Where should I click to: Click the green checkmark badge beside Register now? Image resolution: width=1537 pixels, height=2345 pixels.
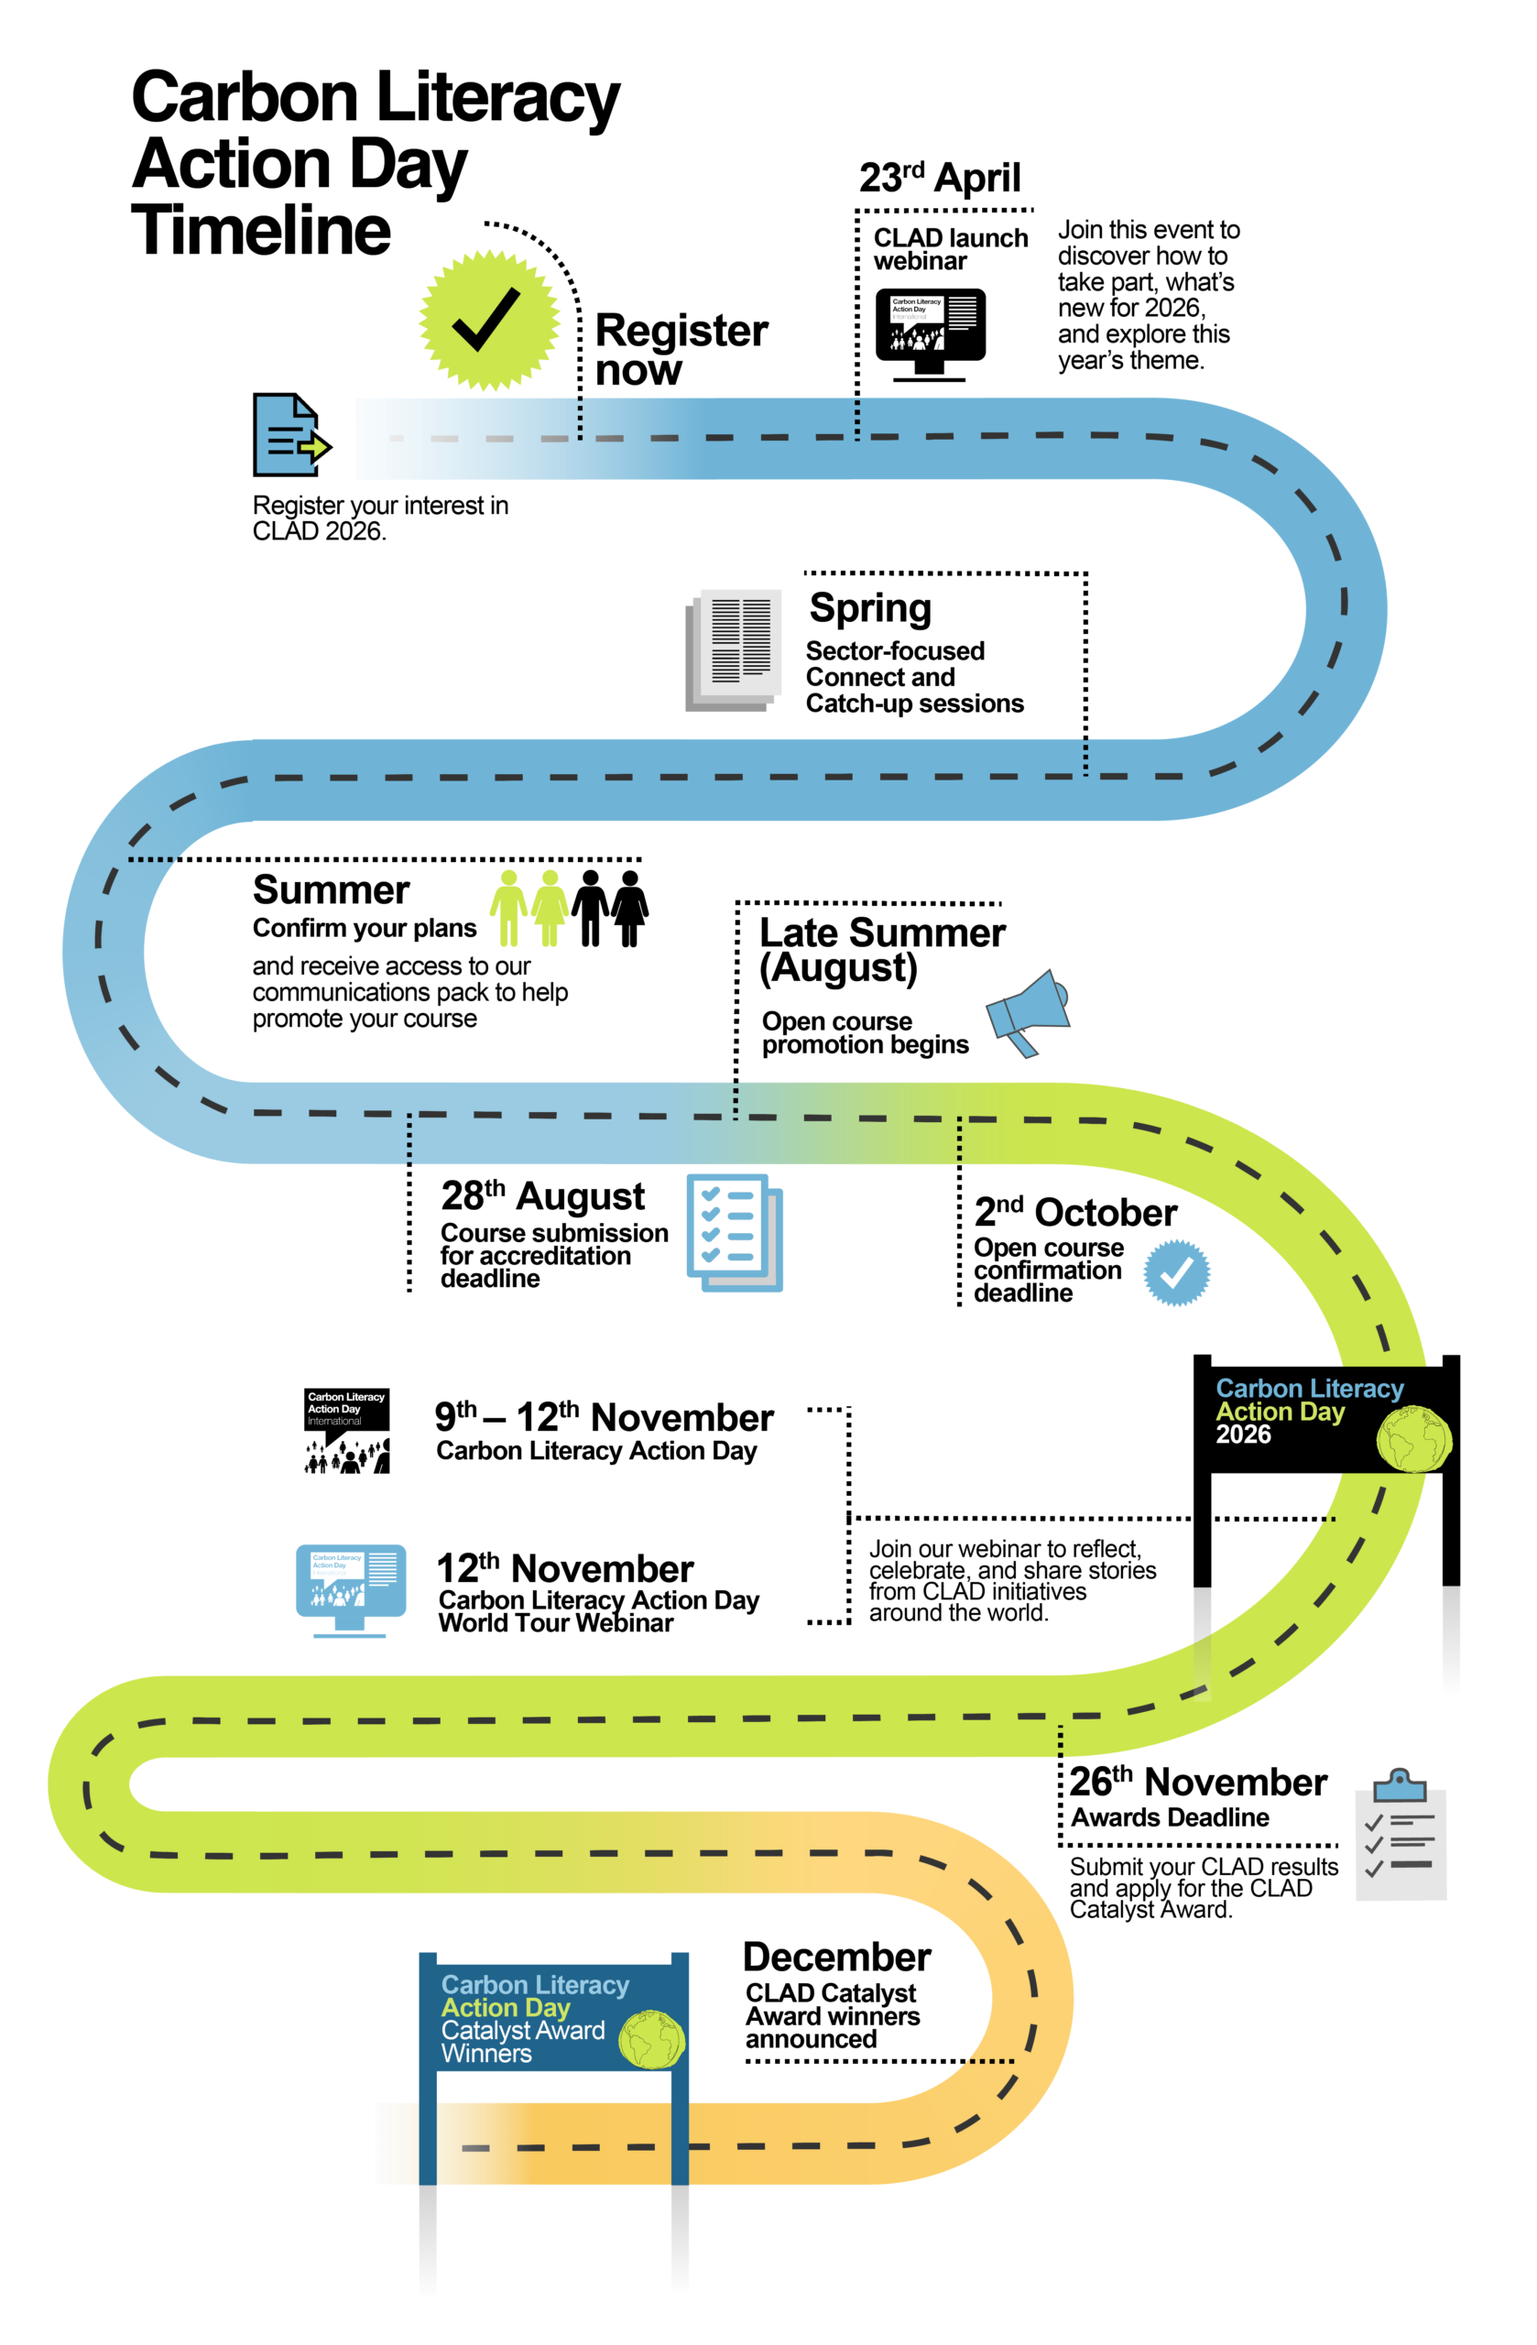point(489,321)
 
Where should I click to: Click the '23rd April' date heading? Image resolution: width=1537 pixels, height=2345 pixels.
point(939,179)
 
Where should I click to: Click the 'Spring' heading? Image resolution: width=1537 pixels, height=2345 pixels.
point(870,608)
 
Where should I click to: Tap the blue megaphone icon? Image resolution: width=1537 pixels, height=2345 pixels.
point(1029,1012)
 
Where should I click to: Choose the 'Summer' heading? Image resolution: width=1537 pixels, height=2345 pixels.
point(331,889)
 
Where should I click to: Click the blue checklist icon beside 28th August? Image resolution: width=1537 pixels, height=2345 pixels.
point(734,1232)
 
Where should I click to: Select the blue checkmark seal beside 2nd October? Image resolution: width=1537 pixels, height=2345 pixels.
point(1176,1273)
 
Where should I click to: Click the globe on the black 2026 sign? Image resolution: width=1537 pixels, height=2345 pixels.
point(1414,1438)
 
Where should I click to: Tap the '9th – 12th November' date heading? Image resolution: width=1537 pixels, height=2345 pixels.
point(604,1417)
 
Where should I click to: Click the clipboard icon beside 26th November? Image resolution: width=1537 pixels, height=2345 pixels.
point(1400,1835)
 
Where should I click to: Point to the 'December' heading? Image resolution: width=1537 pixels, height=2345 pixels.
point(836,1957)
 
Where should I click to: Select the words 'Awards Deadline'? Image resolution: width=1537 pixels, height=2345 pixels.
point(1170,1816)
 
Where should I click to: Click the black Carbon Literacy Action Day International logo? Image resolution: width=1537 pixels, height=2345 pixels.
point(346,1431)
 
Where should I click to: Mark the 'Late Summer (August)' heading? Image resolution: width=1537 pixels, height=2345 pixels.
point(882,950)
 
